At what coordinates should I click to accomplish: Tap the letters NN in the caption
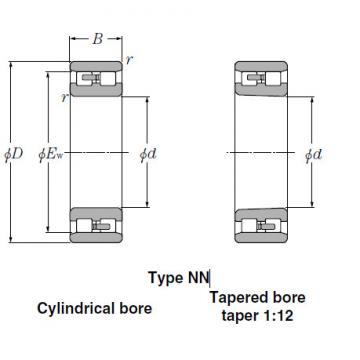point(198,278)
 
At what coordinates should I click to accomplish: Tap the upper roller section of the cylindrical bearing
point(96,77)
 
